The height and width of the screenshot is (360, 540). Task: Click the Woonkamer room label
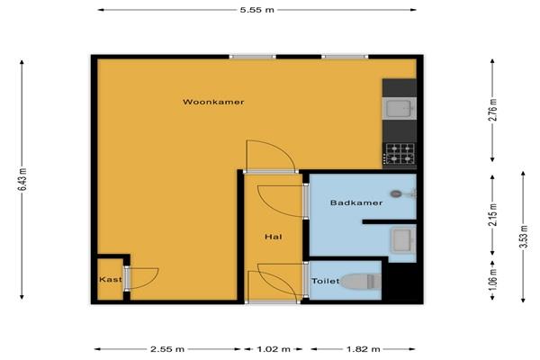(x=213, y=102)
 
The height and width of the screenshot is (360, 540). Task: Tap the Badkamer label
(x=356, y=202)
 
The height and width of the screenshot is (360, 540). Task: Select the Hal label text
(x=274, y=237)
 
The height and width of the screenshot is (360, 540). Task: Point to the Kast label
(x=111, y=279)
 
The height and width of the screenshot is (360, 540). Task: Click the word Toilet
(x=326, y=281)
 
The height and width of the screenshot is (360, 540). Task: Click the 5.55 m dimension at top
(x=256, y=10)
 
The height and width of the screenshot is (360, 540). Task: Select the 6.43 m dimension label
(x=22, y=179)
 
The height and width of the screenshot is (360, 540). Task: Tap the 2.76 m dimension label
(x=493, y=110)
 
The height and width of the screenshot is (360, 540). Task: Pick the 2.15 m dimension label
(x=493, y=215)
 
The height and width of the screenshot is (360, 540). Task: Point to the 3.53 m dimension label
(x=524, y=237)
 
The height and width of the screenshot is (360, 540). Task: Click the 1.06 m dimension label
(x=493, y=279)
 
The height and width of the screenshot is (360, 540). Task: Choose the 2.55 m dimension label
(x=167, y=349)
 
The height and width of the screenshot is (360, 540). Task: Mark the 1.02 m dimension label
(x=274, y=349)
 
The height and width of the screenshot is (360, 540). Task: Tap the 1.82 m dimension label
(x=364, y=349)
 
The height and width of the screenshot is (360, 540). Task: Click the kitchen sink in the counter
(x=400, y=108)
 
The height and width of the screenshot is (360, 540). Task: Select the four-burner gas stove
(x=400, y=154)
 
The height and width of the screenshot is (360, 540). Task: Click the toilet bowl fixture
(x=362, y=282)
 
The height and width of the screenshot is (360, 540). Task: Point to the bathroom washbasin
(x=403, y=240)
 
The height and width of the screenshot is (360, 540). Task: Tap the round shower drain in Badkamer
(x=395, y=194)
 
